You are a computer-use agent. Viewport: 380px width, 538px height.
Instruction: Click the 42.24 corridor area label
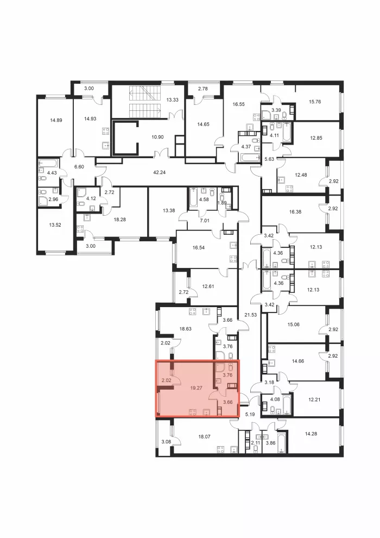pyautogui.click(x=160, y=173)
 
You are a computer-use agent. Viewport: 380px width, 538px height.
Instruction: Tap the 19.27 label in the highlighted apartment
pyautogui.click(x=197, y=388)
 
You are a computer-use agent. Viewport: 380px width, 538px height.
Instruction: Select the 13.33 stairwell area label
pyautogui.click(x=172, y=100)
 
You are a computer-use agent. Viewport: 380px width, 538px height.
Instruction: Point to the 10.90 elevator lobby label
pyautogui.click(x=157, y=137)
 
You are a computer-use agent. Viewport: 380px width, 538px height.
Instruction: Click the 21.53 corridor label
pyautogui.click(x=250, y=314)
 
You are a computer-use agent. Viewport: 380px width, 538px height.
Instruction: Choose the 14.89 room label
pyautogui.click(x=56, y=120)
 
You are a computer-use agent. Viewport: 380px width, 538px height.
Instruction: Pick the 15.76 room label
pyautogui.click(x=314, y=102)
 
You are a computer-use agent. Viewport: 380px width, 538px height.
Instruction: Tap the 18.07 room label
pyautogui.click(x=204, y=437)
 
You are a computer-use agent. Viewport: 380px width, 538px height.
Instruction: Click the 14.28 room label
pyautogui.click(x=311, y=434)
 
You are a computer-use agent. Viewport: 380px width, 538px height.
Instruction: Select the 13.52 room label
pyautogui.click(x=55, y=225)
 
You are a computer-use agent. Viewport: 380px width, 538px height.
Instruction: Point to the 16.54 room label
pyautogui.click(x=198, y=247)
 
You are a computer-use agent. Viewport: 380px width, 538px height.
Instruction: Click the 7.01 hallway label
pyautogui.click(x=204, y=221)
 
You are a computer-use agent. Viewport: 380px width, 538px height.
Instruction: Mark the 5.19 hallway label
pyautogui.click(x=250, y=414)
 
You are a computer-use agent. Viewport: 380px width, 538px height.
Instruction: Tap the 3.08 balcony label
pyautogui.click(x=166, y=442)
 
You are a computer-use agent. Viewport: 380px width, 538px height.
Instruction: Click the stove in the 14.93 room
pyautogui.click(x=105, y=131)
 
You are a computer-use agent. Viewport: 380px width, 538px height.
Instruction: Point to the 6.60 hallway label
pyautogui.click(x=79, y=167)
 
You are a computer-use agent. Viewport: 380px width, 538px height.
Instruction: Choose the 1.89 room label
pyautogui.click(x=223, y=203)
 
